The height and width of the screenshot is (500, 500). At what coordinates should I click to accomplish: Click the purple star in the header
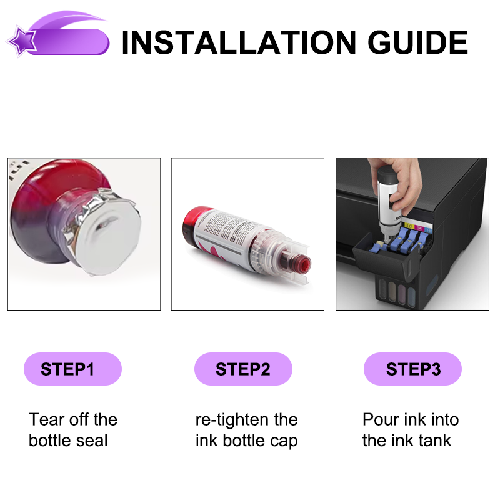tap(22, 41)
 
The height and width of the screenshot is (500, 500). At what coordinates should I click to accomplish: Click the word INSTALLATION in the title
tap(239, 42)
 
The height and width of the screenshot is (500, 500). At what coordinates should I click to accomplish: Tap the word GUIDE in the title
tap(417, 42)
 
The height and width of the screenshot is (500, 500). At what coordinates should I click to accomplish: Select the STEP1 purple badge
tap(72, 369)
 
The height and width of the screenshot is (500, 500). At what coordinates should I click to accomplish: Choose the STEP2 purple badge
tap(243, 369)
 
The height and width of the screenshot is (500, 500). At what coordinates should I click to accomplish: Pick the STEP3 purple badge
tap(412, 369)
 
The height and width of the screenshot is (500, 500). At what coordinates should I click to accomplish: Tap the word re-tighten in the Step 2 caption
tap(232, 420)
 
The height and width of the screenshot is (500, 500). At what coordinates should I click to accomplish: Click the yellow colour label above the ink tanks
tap(409, 226)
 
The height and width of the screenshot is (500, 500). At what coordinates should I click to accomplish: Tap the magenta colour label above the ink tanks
tap(419, 228)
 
